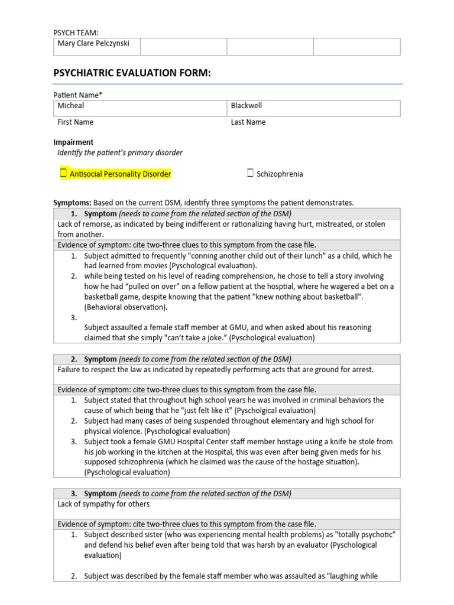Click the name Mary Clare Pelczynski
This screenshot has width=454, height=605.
click(x=93, y=44)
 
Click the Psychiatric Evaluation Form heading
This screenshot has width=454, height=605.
click(x=132, y=73)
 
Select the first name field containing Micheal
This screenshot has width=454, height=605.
click(x=140, y=108)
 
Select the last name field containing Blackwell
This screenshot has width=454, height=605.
click(x=314, y=108)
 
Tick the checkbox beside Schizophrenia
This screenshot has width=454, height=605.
click(x=251, y=174)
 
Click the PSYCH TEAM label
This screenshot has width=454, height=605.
click(x=76, y=32)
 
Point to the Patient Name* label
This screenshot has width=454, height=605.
click(x=78, y=95)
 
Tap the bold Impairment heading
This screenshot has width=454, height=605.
click(x=73, y=142)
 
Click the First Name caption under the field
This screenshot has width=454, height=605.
click(x=75, y=122)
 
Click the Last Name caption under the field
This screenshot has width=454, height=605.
click(x=248, y=122)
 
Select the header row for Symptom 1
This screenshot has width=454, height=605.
click(x=226, y=213)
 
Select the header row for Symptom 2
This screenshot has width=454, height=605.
click(x=226, y=359)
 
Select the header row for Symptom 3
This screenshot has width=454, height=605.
click(x=226, y=493)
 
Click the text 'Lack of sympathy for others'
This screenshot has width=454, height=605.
click(x=103, y=504)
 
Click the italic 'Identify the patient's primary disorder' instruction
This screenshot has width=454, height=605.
click(x=120, y=153)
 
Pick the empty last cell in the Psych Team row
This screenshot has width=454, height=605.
click(x=356, y=47)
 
